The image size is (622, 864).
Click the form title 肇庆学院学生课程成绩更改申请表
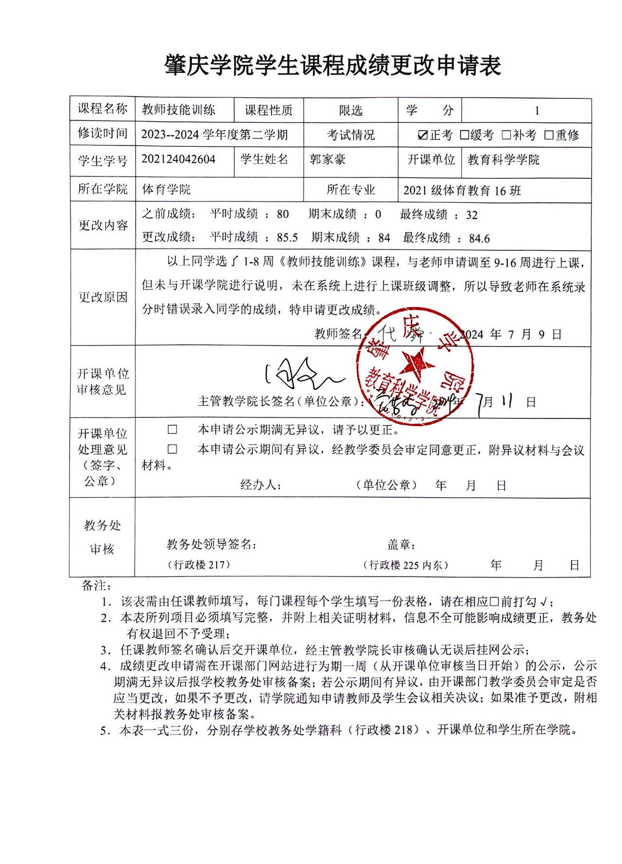click(332, 65)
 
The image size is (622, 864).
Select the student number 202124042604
click(178, 159)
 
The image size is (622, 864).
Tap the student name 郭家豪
click(328, 159)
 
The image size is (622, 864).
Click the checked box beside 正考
click(423, 135)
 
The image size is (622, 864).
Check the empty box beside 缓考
click(464, 135)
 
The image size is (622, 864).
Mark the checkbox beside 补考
click(506, 135)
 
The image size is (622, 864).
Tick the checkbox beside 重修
click(549, 135)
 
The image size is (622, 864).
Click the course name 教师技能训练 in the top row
click(178, 110)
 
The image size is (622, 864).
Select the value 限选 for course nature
click(350, 111)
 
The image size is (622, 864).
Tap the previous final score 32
click(471, 215)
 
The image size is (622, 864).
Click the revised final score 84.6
click(479, 238)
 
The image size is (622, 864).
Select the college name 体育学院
click(166, 189)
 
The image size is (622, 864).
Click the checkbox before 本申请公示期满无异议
click(173, 430)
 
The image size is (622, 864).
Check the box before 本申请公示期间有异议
click(173, 449)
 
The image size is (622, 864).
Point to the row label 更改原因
click(103, 297)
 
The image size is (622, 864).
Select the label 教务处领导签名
click(211, 544)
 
